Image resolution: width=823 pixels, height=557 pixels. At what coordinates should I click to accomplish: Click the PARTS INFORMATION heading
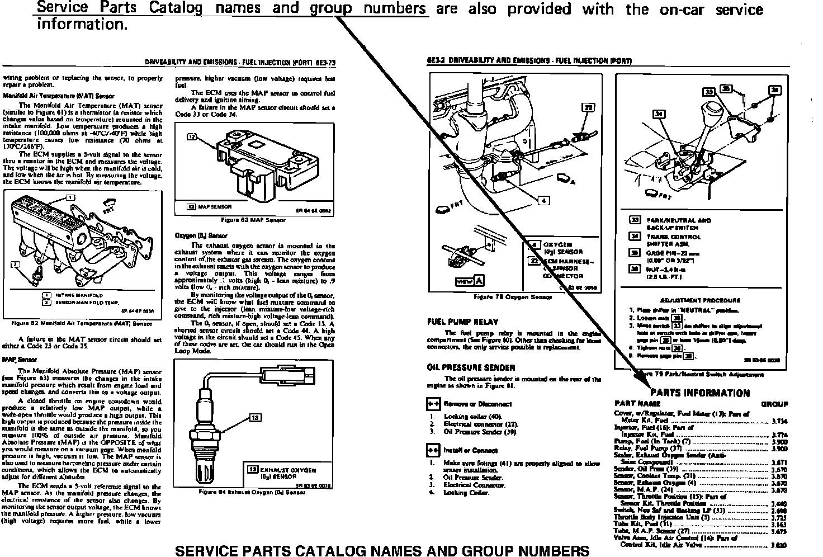700,393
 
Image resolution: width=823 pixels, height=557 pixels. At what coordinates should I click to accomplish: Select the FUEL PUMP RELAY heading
462,322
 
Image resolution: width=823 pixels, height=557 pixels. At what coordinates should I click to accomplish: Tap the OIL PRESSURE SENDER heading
471,368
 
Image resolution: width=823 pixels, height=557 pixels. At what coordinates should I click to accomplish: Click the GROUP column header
774,404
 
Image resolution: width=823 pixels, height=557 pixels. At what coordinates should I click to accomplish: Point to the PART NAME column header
637,403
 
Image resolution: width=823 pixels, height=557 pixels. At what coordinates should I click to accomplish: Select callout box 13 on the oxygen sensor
254,417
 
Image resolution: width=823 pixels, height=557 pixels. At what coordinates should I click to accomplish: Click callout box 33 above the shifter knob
709,92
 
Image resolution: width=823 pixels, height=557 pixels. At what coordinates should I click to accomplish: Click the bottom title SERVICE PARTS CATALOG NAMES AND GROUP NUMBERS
382,550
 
